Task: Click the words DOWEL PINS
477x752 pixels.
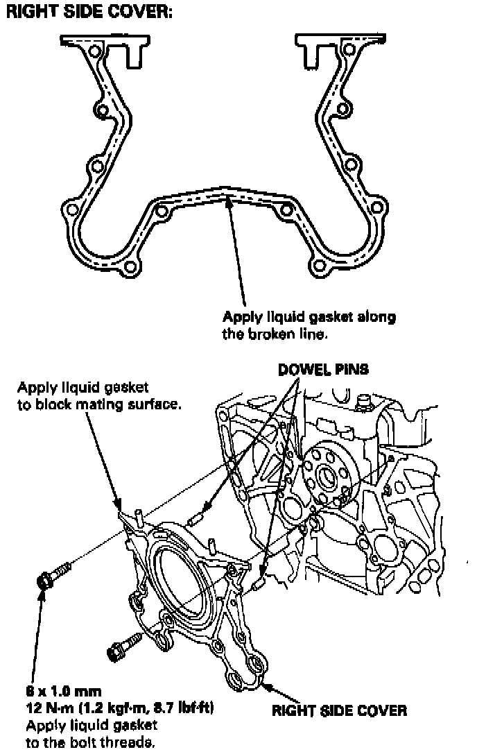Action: pyautogui.click(x=323, y=370)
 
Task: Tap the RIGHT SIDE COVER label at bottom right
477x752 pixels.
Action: pyautogui.click(x=339, y=710)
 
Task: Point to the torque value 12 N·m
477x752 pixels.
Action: pyautogui.click(x=42, y=708)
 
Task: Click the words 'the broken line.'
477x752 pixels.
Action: pyautogui.click(x=275, y=334)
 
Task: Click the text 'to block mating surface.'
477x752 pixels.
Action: pyautogui.click(x=99, y=403)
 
